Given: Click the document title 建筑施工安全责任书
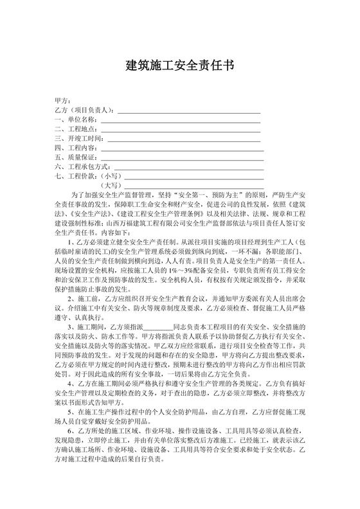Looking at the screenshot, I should [x=179, y=66].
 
